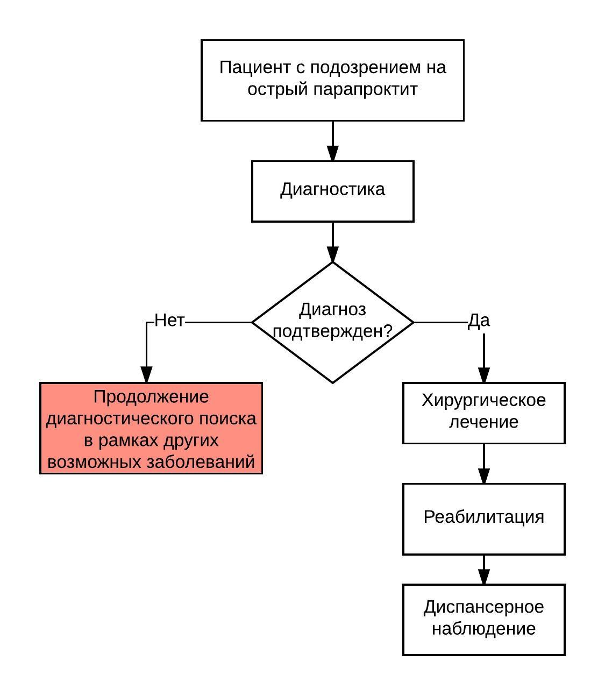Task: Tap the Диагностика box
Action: tap(332, 191)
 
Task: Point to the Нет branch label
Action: tap(169, 321)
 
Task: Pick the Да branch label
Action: tap(479, 321)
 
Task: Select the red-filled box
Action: tap(151, 428)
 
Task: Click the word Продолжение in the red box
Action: tap(151, 397)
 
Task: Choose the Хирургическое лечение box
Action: tap(483, 413)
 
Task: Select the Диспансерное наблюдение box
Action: tap(483, 619)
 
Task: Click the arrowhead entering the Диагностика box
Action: tap(332, 153)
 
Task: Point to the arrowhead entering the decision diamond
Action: tap(332, 254)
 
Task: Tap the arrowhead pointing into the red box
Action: tap(146, 375)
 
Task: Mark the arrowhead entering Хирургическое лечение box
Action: tap(484, 375)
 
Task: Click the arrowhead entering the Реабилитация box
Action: tap(484, 476)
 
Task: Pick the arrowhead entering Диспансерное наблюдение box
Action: tap(484, 577)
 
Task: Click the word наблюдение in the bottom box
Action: tap(483, 629)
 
